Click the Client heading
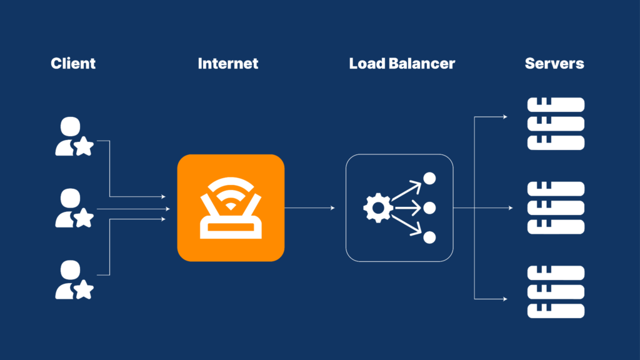point(73,63)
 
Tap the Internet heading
point(227,63)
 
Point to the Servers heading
point(554,63)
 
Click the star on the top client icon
point(84,147)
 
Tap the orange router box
point(231,207)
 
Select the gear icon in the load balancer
point(377,208)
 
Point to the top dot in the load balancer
point(429,179)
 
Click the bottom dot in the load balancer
point(429,237)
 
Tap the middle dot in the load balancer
point(429,208)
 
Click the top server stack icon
point(556,124)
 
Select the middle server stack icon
point(556,208)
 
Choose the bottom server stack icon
point(556,292)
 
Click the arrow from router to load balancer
point(309,208)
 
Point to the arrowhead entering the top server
point(506,116)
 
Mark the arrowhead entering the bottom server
point(506,299)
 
